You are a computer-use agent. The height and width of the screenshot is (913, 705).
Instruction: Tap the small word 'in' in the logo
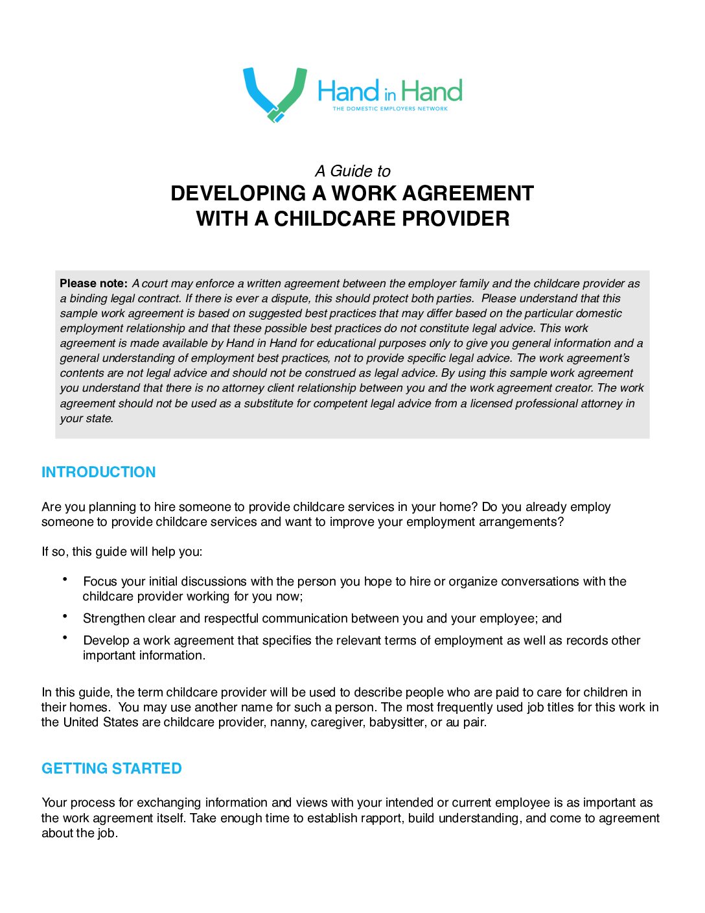pos(389,95)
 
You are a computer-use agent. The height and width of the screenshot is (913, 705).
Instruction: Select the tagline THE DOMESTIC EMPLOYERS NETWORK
pos(390,109)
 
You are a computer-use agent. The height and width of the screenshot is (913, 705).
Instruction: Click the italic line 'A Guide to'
pos(352,171)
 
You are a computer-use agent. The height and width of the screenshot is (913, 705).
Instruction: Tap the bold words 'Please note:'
pos(93,283)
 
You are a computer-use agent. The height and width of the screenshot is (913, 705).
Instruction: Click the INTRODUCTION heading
pos(98,472)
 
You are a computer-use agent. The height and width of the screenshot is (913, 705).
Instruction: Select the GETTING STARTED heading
pos(111,768)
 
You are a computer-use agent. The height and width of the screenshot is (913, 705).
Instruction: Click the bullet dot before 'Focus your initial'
pos(65,579)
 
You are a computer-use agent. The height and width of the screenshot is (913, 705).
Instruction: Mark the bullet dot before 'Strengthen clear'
pos(65,616)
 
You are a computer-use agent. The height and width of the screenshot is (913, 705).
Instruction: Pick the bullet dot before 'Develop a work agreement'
pos(65,638)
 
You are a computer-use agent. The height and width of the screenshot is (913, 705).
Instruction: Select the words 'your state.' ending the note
pos(87,419)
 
